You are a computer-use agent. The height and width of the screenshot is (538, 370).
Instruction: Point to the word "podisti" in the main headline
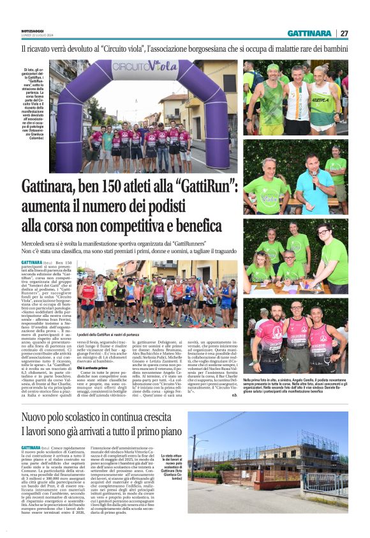pos(203,206)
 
